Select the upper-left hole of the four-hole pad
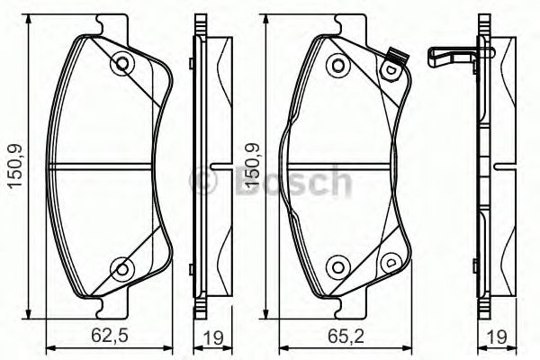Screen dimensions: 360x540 (337, 65)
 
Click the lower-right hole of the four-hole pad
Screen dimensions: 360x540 (390, 263)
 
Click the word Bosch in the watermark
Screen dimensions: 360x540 (290, 182)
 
